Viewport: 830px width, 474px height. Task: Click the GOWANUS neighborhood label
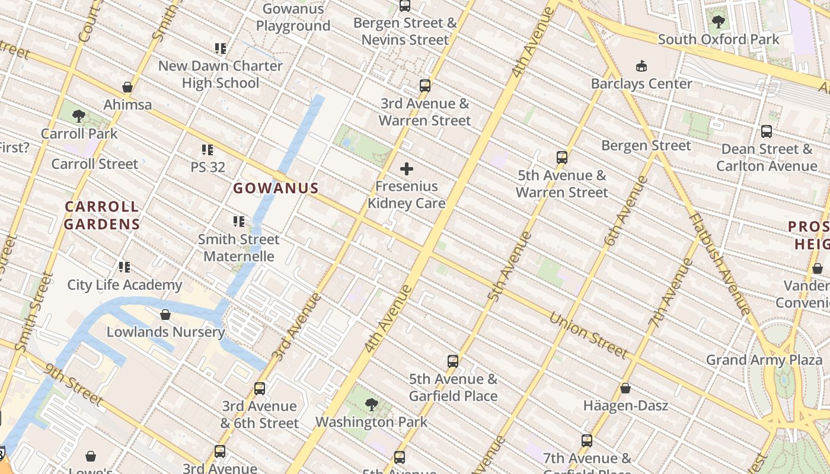click(x=276, y=188)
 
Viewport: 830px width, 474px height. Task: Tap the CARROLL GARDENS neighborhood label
click(x=101, y=216)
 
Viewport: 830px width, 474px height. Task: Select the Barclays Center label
click(x=641, y=84)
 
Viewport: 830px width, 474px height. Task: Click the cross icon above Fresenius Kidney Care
click(x=407, y=169)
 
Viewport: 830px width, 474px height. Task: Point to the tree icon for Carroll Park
click(x=79, y=116)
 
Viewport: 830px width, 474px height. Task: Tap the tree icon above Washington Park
click(x=372, y=405)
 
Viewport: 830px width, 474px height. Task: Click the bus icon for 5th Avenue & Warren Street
click(x=562, y=158)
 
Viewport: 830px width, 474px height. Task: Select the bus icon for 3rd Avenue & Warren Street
click(x=425, y=86)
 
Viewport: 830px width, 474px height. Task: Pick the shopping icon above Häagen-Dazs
click(x=625, y=389)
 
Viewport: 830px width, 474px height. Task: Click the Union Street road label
click(x=589, y=335)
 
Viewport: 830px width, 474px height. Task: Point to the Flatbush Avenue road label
click(x=720, y=263)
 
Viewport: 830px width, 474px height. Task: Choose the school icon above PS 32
click(x=207, y=150)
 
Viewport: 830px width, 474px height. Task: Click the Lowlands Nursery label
click(x=165, y=332)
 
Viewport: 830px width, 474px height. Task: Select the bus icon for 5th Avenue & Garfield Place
click(x=453, y=361)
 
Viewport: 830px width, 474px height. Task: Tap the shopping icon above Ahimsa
click(x=127, y=88)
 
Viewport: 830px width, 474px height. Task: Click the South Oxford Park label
click(x=719, y=40)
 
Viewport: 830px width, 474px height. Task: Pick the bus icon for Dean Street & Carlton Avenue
click(x=767, y=132)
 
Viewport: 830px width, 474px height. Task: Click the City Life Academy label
click(x=124, y=285)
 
